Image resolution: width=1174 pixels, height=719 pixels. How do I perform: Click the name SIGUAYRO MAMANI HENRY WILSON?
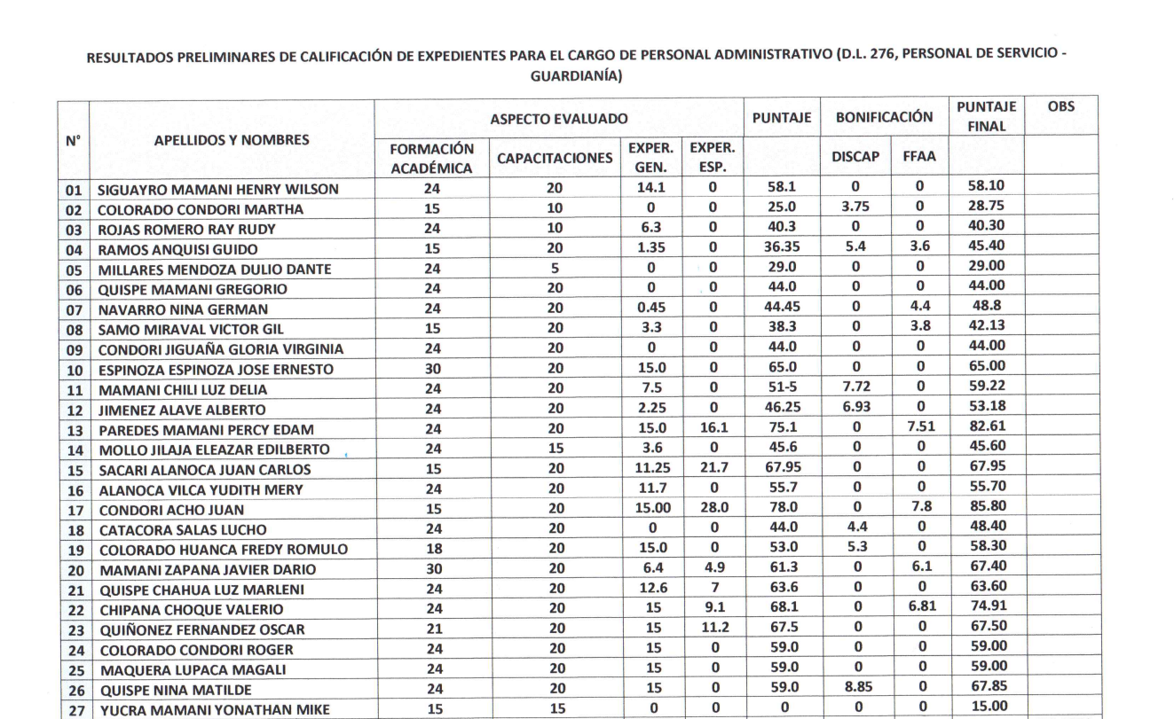point(218,189)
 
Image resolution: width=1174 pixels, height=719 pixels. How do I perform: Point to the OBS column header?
point(1060,107)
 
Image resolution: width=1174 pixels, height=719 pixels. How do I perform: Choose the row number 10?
point(74,370)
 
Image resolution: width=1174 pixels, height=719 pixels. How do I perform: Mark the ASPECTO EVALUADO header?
point(558,117)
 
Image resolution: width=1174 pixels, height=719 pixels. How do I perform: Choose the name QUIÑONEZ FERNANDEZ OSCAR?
point(201,630)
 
